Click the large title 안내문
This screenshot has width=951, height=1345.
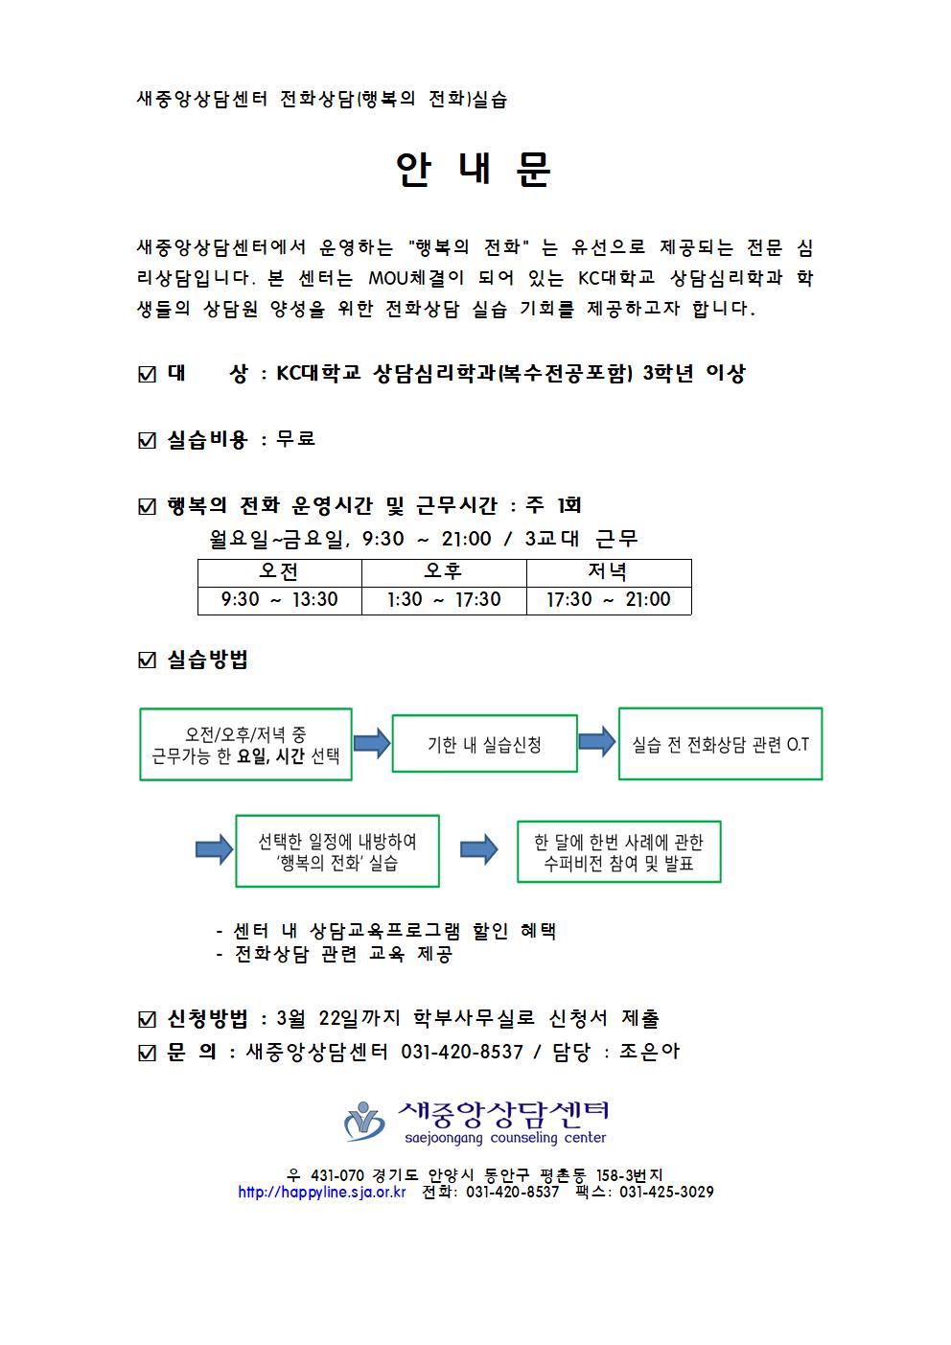click(473, 169)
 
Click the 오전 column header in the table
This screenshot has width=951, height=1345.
click(280, 572)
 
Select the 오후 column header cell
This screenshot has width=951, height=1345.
click(444, 572)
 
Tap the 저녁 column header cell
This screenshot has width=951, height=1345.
click(609, 572)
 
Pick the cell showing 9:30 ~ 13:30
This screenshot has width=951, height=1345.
click(280, 600)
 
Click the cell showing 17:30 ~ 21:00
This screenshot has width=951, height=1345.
click(609, 600)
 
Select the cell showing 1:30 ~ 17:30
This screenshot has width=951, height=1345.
click(444, 600)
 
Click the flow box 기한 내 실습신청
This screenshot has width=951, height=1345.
click(484, 743)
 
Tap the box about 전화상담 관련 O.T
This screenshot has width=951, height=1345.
click(721, 744)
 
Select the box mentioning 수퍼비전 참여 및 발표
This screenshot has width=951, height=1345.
click(619, 851)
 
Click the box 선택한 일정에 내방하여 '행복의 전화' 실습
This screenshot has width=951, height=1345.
click(337, 851)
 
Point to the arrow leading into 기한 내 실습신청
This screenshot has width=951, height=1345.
click(372, 743)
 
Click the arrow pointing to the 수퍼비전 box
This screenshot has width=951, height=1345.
click(478, 849)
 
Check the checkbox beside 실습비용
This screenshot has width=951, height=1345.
click(147, 441)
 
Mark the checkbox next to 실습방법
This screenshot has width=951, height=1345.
click(147, 661)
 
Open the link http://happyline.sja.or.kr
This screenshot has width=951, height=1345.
click(322, 1192)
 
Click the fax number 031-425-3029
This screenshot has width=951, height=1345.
click(666, 1192)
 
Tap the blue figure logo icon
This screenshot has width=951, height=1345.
click(364, 1122)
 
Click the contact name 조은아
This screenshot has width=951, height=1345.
click(650, 1052)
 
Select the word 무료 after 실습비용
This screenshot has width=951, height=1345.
click(295, 439)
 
